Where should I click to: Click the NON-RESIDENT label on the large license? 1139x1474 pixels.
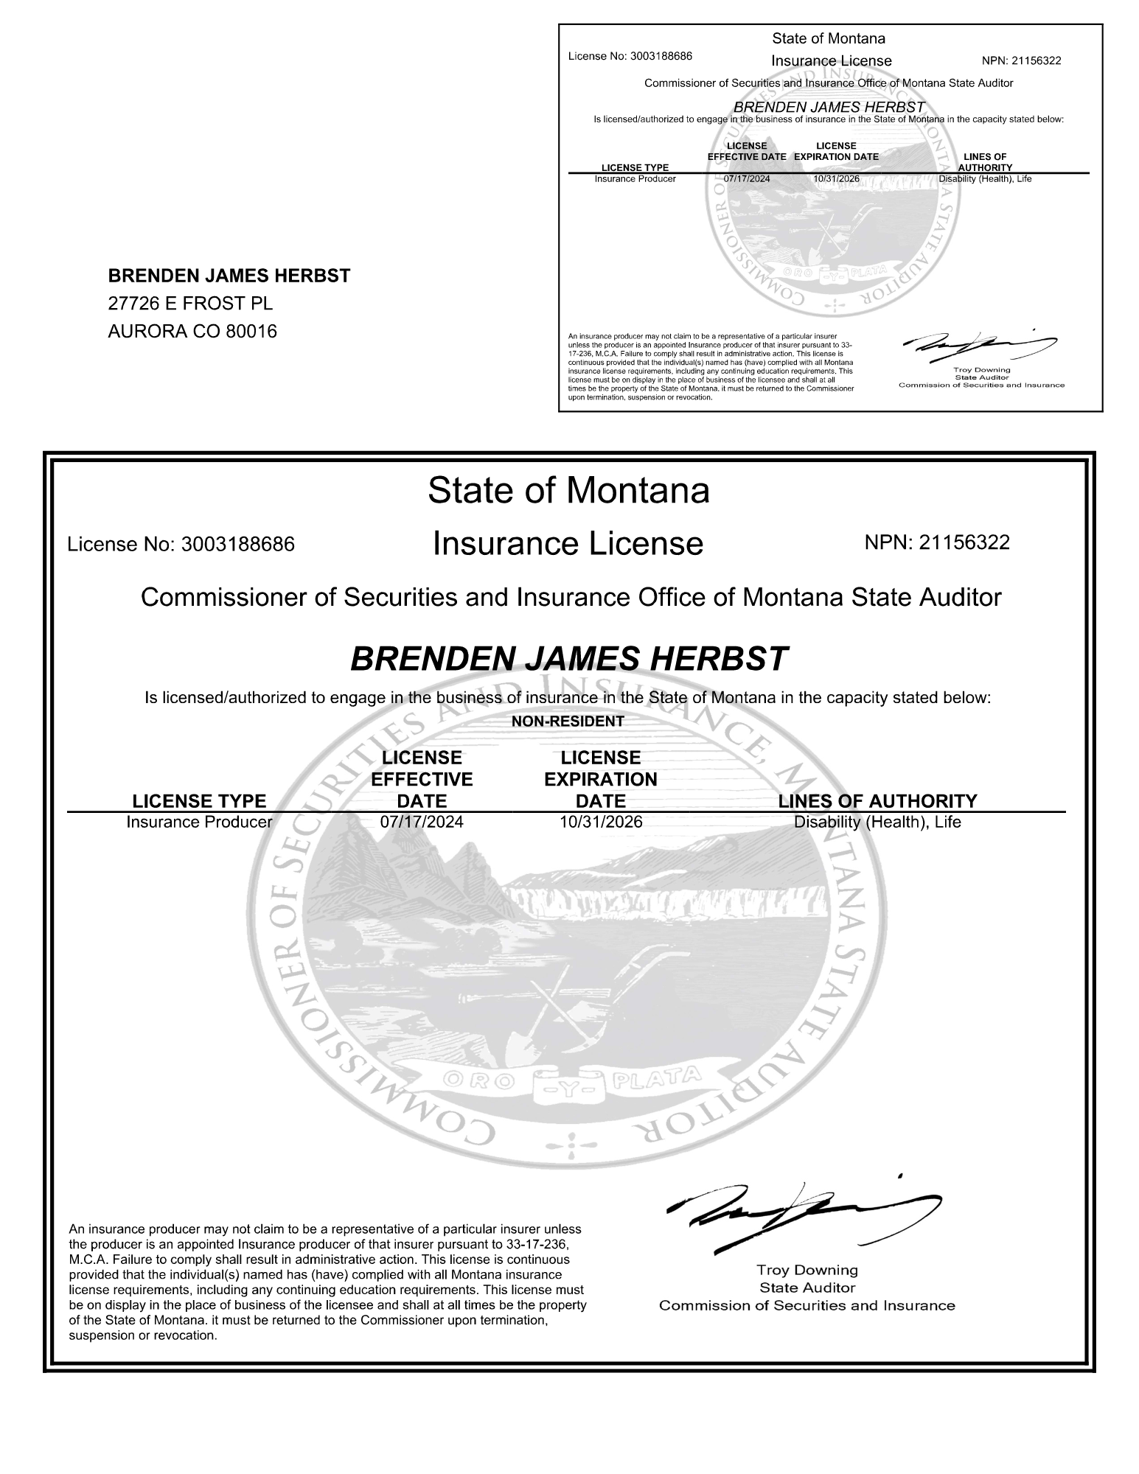pyautogui.click(x=568, y=722)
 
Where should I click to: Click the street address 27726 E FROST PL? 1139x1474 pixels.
pyautogui.click(x=190, y=304)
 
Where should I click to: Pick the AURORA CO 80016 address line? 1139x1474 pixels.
pyautogui.click(x=192, y=332)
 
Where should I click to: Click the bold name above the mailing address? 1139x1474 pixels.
pyautogui.click(x=229, y=276)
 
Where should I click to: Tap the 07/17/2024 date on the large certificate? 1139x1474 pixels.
pyautogui.click(x=422, y=822)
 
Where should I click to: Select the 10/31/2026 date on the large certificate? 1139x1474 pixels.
pyautogui.click(x=601, y=822)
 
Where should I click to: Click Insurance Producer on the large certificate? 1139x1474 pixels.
pyautogui.click(x=199, y=822)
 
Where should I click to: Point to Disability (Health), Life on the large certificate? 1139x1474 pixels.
pyautogui.click(x=877, y=822)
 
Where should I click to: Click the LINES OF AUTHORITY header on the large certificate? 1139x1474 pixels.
pyautogui.click(x=877, y=801)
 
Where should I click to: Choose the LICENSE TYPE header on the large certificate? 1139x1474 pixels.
pyautogui.click(x=199, y=801)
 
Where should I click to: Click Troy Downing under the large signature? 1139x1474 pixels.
pyautogui.click(x=807, y=1270)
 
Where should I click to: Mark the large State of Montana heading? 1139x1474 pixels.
pyautogui.click(x=568, y=490)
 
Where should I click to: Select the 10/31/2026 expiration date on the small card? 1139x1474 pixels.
pyautogui.click(x=836, y=179)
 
